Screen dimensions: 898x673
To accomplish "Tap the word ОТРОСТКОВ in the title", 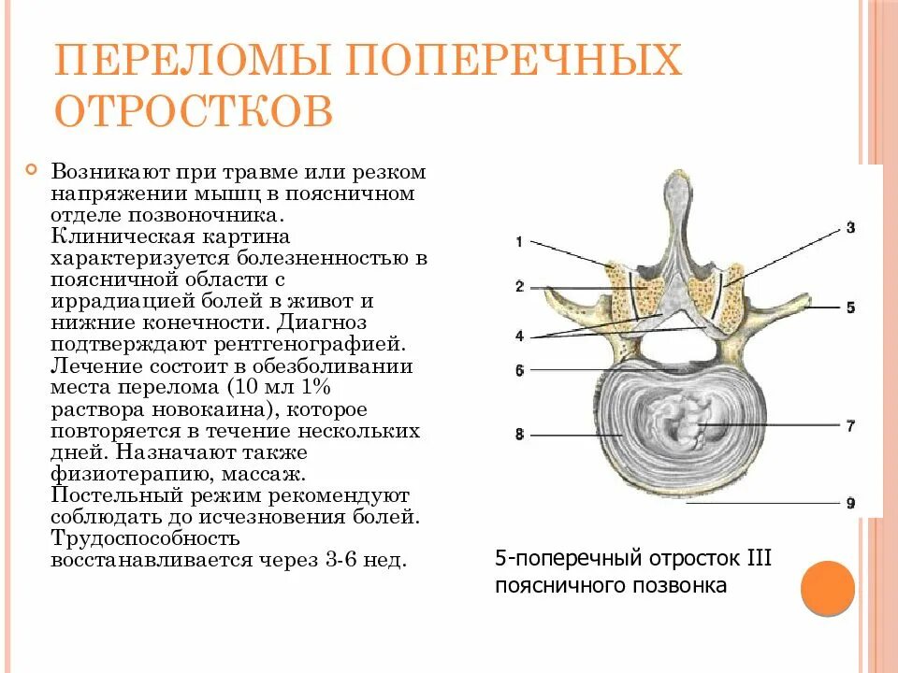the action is (194, 110).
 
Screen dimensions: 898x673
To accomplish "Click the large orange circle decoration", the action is (828, 588).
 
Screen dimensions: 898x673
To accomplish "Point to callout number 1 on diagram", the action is (518, 242).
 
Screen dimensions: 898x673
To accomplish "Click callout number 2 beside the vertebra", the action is (518, 287).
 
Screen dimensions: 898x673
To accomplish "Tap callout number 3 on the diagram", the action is (849, 227).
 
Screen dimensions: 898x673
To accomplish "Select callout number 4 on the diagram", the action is (518, 336).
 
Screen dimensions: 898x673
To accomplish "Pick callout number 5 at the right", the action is (849, 307).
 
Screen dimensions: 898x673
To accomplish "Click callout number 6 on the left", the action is (518, 370).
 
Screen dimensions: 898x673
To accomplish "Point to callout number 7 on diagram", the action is (849, 425).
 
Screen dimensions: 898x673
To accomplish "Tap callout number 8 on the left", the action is (518, 435).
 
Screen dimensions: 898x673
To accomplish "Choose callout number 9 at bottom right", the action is (849, 503).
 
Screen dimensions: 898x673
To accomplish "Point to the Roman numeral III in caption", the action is (758, 559).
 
